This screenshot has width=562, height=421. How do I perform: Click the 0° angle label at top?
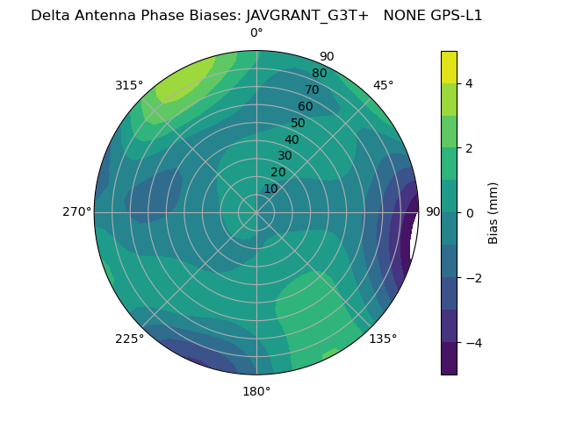256,33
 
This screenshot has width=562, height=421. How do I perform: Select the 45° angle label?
383,85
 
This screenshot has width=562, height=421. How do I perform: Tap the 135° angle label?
383,339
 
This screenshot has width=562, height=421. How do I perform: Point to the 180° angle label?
256,391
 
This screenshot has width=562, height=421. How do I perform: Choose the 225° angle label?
129,339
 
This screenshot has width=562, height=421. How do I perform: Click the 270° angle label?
76,211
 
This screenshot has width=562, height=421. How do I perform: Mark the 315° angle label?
129,85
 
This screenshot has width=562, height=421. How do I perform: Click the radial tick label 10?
270,189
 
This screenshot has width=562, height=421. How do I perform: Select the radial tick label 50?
298,123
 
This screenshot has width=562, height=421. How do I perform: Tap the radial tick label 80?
319,73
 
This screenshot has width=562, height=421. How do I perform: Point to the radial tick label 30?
285,155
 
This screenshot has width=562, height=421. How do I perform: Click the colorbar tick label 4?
469,83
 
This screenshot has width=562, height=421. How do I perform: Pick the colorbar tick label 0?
469,213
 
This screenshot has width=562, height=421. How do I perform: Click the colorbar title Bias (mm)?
494,213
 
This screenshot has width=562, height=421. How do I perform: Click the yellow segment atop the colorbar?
449,67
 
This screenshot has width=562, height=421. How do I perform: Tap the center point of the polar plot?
256,212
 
